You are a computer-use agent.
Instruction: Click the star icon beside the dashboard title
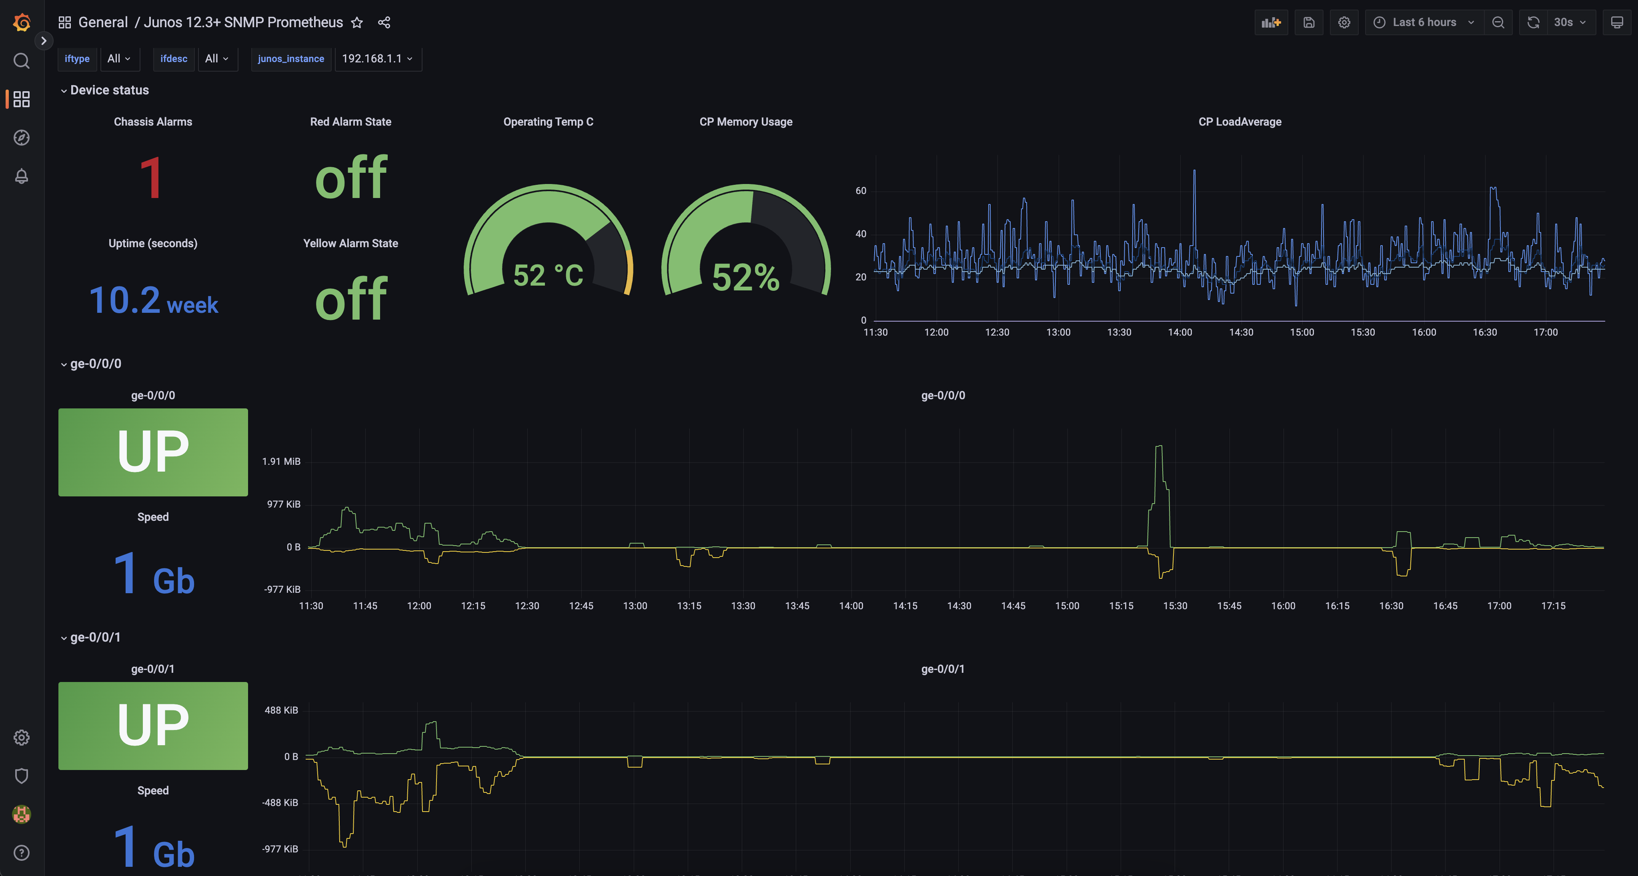coord(357,23)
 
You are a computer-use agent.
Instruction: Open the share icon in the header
coord(384,23)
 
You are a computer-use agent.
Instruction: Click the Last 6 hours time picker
coord(1424,22)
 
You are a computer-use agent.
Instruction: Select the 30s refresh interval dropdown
coord(1569,22)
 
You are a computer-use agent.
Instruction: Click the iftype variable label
coord(77,58)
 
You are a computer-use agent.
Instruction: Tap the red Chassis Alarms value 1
coord(151,178)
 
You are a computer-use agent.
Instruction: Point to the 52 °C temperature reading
coord(548,275)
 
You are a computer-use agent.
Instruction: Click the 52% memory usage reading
coord(746,277)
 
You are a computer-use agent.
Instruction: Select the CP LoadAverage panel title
coord(1240,122)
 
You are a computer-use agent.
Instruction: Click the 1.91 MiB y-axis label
coord(281,461)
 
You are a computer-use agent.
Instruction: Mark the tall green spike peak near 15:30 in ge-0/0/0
coord(1159,446)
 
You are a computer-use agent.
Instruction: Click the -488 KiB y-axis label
coord(280,802)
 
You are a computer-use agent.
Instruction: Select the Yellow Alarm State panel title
coord(350,244)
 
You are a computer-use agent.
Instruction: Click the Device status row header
coord(109,90)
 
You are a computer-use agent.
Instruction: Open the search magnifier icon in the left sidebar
coord(22,60)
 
